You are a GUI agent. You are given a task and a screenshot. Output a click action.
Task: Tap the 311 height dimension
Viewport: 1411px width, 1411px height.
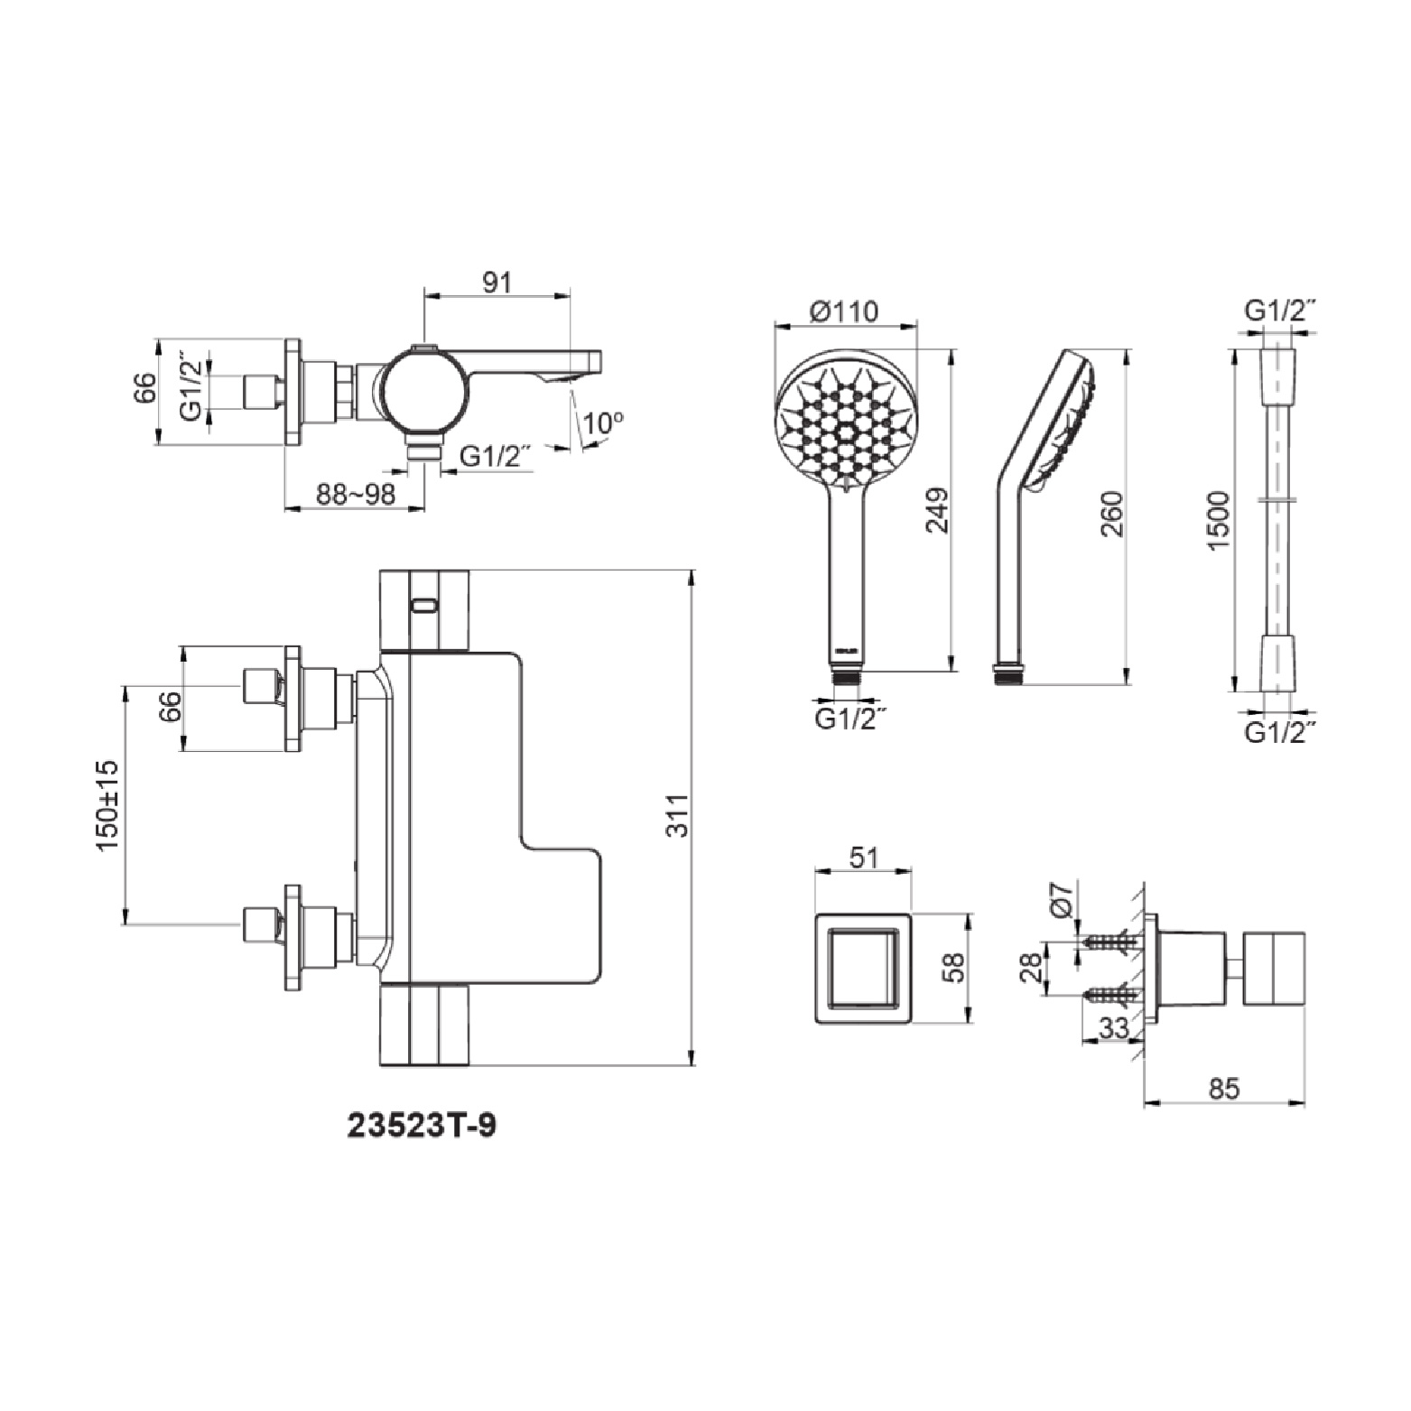tap(677, 815)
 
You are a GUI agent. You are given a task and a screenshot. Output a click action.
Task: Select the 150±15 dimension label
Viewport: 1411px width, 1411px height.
tap(107, 805)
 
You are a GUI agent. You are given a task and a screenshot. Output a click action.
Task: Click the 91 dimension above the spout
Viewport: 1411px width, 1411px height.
tap(497, 283)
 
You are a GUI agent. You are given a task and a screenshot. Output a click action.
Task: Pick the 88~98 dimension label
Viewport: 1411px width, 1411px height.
tap(356, 496)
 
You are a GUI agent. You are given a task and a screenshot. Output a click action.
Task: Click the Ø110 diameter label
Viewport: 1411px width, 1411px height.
tap(844, 311)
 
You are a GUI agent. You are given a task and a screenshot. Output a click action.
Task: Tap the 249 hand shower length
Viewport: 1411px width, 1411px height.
tap(938, 510)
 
